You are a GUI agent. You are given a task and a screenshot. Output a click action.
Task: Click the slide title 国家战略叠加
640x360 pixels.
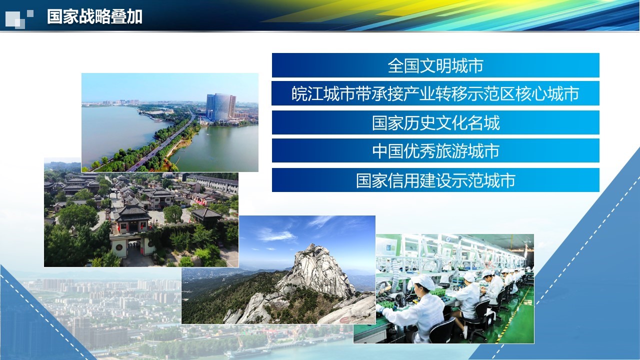[x=94, y=16]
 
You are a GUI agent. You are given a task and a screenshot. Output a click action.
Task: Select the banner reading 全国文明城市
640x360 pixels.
[x=435, y=65]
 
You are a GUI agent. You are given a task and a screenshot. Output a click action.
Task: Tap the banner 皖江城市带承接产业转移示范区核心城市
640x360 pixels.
[x=435, y=93]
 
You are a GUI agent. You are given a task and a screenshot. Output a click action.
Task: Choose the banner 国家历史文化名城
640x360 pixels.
[x=435, y=122]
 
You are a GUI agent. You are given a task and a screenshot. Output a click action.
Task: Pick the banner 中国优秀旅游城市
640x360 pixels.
[x=435, y=150]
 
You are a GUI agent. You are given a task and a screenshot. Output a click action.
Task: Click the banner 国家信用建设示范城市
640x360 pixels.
[x=435, y=180]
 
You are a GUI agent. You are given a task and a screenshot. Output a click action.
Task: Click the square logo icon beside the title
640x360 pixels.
[x=19, y=18]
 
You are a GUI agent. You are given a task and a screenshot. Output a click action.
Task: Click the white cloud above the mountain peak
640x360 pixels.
[x=275, y=235]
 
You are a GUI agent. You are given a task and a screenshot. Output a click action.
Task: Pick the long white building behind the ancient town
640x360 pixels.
[x=213, y=183]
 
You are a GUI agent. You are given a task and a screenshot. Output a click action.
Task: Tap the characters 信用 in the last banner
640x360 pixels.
[x=403, y=180]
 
